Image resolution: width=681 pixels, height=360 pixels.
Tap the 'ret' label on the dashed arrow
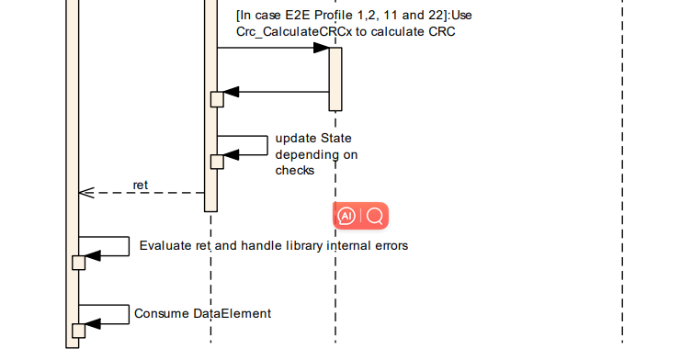point(141,185)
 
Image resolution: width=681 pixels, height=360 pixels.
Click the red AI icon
point(346,216)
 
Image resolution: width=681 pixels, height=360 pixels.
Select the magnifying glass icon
point(375,216)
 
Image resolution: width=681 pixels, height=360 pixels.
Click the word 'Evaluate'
point(165,245)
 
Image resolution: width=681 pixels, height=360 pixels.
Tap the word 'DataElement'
point(233,313)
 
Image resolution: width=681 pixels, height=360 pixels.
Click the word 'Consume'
point(161,313)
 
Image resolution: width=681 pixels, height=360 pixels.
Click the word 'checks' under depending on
point(295,170)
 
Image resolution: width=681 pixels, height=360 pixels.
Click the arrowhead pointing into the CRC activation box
point(322,48)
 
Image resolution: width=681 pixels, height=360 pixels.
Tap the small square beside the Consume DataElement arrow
point(78,330)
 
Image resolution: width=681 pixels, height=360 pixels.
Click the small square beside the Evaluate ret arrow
point(78,262)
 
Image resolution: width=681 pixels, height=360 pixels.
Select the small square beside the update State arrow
point(217,162)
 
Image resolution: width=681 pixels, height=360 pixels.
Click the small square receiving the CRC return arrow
point(217,99)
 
